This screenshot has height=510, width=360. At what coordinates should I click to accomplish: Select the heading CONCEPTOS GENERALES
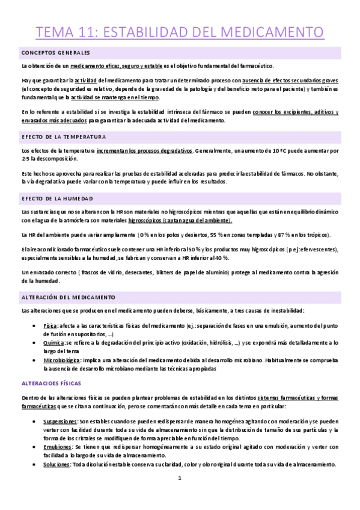(x=55, y=52)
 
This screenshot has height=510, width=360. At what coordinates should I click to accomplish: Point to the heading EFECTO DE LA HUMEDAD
(x=57, y=198)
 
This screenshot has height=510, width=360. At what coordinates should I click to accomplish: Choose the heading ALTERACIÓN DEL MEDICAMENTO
(x=69, y=297)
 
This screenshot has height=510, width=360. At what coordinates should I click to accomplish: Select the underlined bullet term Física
(x=51, y=325)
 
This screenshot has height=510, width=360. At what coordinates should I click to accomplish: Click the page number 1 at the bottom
(x=180, y=494)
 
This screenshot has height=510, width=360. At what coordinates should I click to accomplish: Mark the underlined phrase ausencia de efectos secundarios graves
(x=293, y=79)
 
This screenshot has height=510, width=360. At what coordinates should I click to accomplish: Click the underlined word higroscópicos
(x=146, y=220)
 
